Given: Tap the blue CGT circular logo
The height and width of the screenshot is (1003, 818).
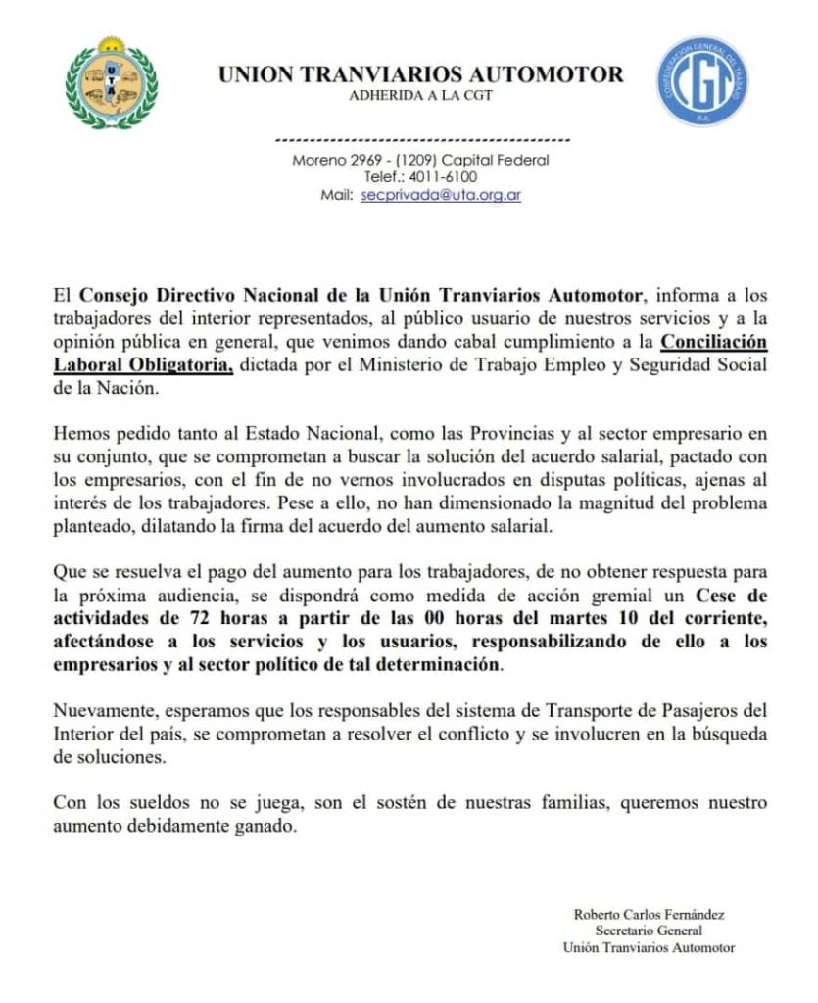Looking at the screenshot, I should (701, 81).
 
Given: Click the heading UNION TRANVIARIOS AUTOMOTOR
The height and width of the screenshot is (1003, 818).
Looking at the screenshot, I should (419, 74).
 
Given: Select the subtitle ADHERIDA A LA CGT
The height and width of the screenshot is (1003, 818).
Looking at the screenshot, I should (420, 95).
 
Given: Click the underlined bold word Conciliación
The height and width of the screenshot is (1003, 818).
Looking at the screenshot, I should (713, 342).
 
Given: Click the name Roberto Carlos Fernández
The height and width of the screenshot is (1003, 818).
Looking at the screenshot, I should (649, 914).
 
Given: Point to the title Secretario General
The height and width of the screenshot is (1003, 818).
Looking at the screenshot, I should (649, 931).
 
